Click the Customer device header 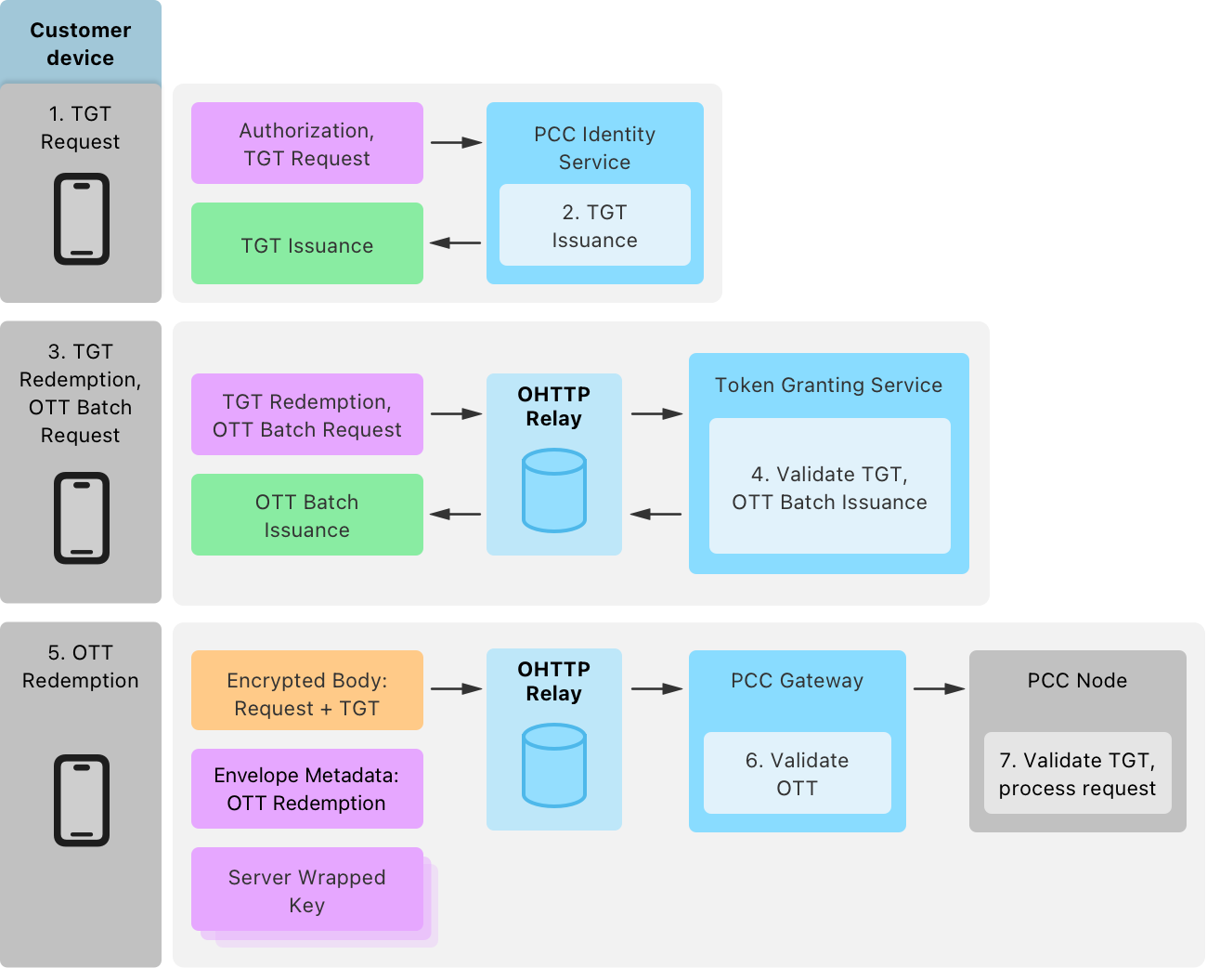(81, 44)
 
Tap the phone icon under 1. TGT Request (82, 219)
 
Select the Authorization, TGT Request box (307, 143)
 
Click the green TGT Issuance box (307, 244)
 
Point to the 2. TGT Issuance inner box (594, 226)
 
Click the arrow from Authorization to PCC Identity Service (456, 142)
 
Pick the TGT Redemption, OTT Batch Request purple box (307, 414)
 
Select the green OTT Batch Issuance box (307, 515)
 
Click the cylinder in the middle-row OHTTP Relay (554, 491)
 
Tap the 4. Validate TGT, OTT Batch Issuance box (829, 487)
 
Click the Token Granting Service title (828, 386)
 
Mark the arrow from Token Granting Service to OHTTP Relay (655, 514)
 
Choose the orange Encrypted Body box (307, 690)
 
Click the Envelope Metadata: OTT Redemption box (307, 789)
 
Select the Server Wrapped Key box (307, 890)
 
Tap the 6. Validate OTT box (797, 773)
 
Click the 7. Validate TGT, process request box (1077, 773)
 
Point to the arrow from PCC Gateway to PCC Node (939, 688)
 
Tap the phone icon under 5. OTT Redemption (82, 800)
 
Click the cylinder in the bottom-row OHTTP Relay (554, 765)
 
